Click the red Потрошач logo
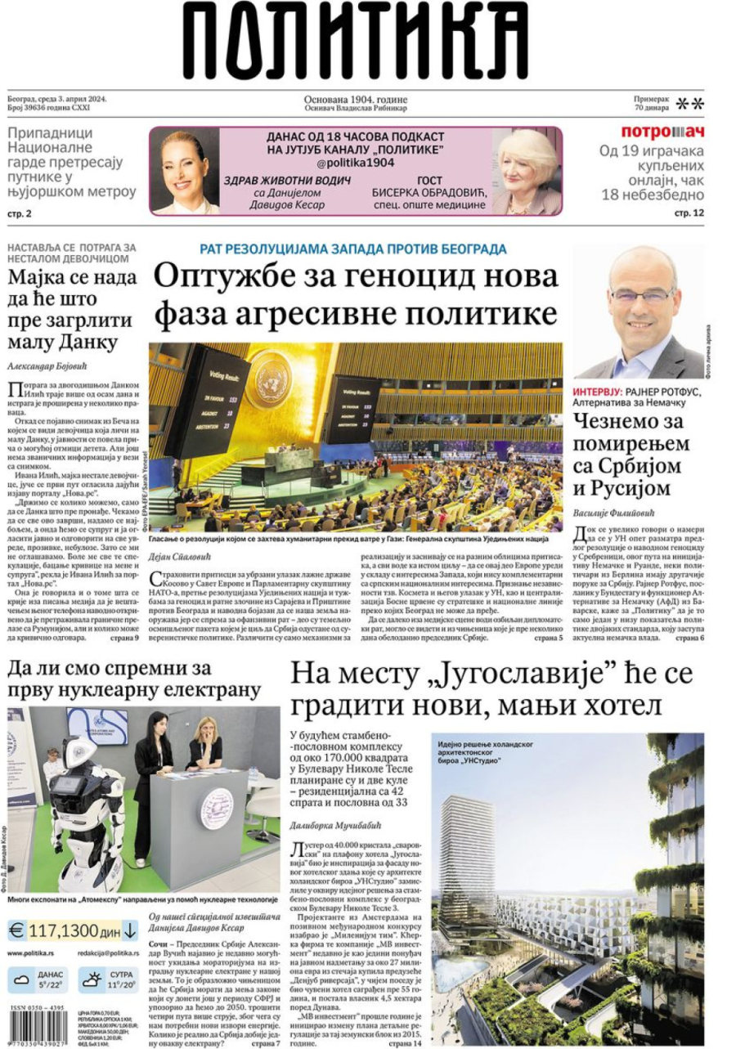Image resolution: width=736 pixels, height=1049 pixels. tap(662, 132)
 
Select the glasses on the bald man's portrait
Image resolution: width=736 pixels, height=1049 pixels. tap(641, 294)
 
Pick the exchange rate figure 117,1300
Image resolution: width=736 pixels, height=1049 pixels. tap(64, 930)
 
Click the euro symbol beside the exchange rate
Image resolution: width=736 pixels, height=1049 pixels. tap(16, 930)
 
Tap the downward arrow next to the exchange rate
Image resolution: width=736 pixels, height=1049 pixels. tap(130, 930)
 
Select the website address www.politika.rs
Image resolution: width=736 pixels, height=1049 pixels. tap(31, 953)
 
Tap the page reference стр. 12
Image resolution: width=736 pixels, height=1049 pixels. tap(689, 213)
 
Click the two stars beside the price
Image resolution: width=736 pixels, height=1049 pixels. tap(689, 103)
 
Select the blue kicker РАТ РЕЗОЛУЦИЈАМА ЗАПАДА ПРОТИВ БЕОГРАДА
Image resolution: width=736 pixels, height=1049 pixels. tap(353, 249)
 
